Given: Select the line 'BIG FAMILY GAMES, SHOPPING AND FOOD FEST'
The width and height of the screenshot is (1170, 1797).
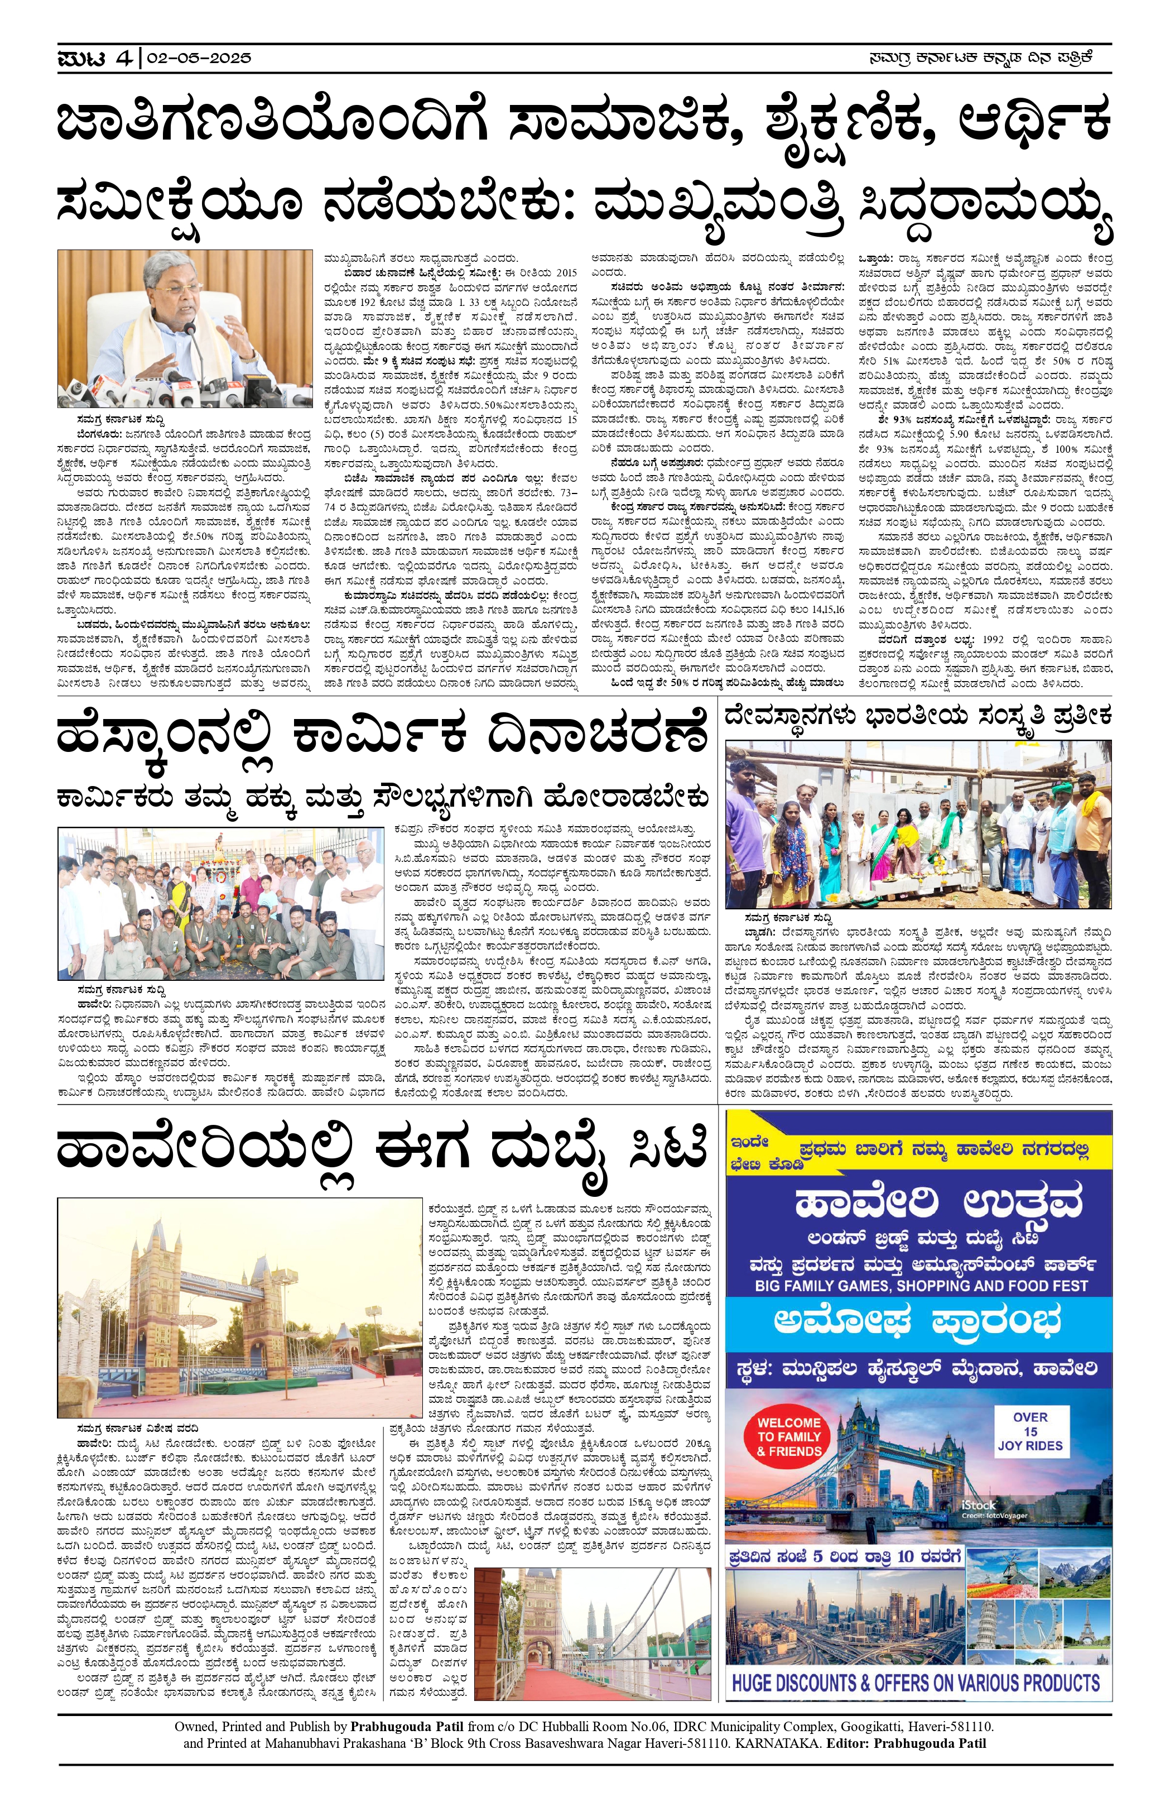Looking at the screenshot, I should [921, 1286].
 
